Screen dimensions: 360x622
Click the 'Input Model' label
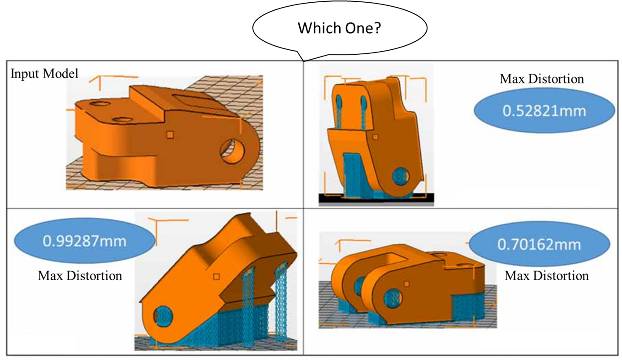(x=44, y=74)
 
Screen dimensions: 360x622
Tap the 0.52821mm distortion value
(x=544, y=111)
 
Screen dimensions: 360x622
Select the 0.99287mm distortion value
(x=84, y=242)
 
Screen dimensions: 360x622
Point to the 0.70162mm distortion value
(x=539, y=245)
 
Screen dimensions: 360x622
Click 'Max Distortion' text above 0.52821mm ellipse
(x=542, y=79)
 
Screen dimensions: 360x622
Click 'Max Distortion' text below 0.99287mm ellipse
(x=80, y=275)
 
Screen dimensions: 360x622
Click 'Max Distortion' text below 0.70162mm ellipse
(x=547, y=275)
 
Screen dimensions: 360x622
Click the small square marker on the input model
(x=169, y=134)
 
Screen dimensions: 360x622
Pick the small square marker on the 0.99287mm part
(x=216, y=277)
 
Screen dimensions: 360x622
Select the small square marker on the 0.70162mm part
(x=406, y=283)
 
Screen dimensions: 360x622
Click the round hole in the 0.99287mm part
(x=163, y=316)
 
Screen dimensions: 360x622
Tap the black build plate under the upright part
(x=376, y=198)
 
